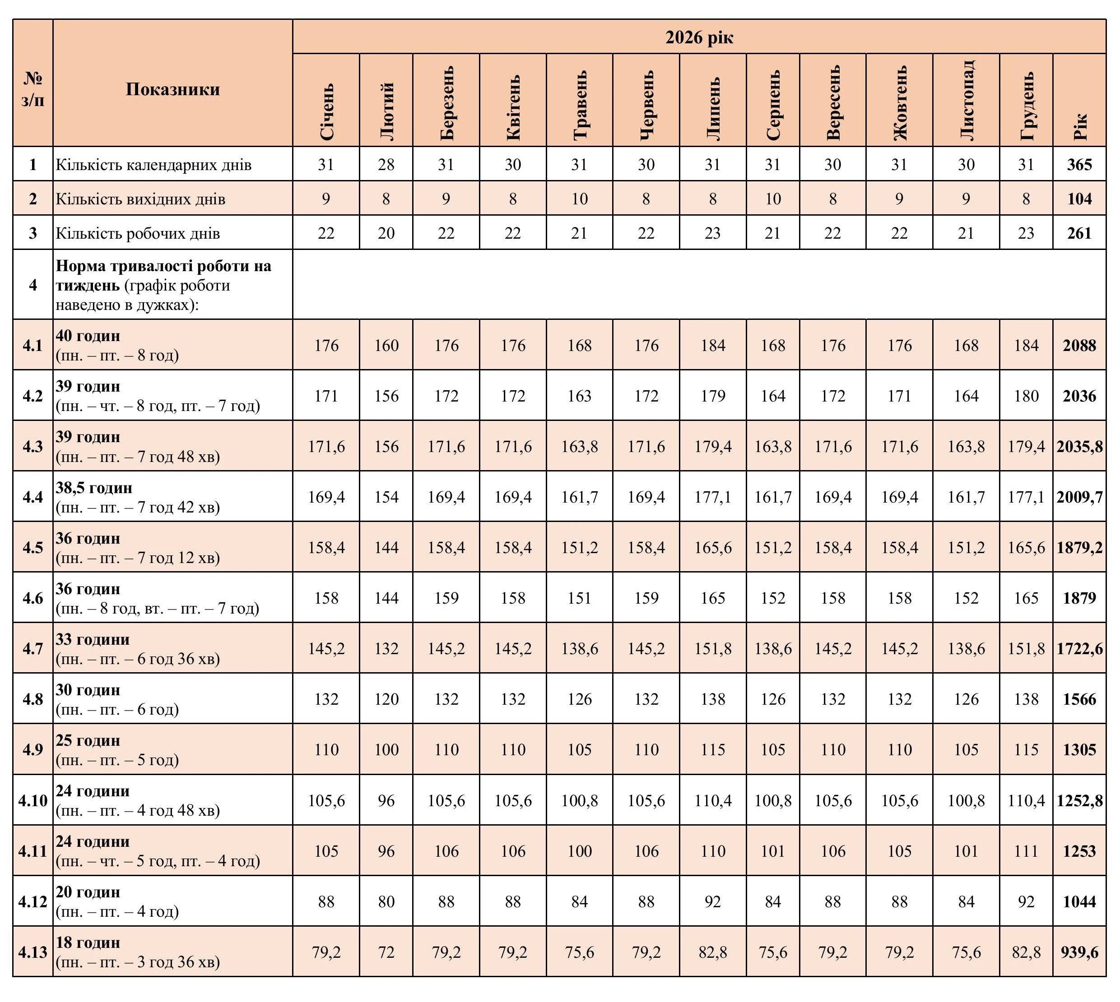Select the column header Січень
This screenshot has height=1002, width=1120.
tap(326, 112)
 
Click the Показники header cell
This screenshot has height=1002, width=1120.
tap(172, 89)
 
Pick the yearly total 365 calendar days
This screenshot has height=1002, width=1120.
tap(1079, 165)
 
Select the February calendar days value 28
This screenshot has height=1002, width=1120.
tap(386, 165)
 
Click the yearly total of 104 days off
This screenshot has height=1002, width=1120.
tap(1079, 199)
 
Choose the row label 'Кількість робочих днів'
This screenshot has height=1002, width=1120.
tap(138, 233)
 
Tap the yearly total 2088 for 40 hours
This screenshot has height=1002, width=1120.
tap(1079, 345)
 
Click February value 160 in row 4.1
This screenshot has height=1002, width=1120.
tap(386, 345)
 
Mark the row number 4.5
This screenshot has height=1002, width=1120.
tap(33, 548)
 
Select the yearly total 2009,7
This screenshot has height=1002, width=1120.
tap(1079, 497)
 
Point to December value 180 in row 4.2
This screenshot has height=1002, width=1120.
tap(1026, 396)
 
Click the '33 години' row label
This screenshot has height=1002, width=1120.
tap(93, 640)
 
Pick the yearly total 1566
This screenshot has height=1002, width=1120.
tap(1079, 699)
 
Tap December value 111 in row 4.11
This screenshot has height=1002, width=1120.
tap(1026, 851)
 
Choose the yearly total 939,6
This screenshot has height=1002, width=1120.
tap(1079, 952)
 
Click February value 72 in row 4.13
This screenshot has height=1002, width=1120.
tap(386, 952)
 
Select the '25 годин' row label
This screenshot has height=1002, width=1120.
tap(88, 740)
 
